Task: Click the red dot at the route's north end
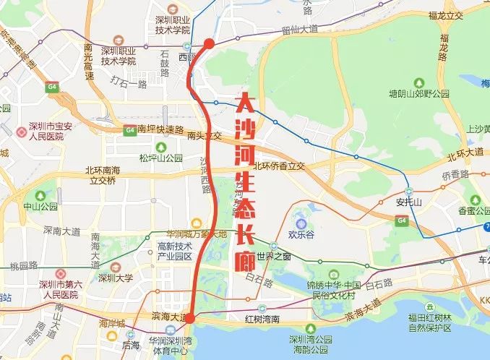coord(209,44)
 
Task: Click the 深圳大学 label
coord(116,277)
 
